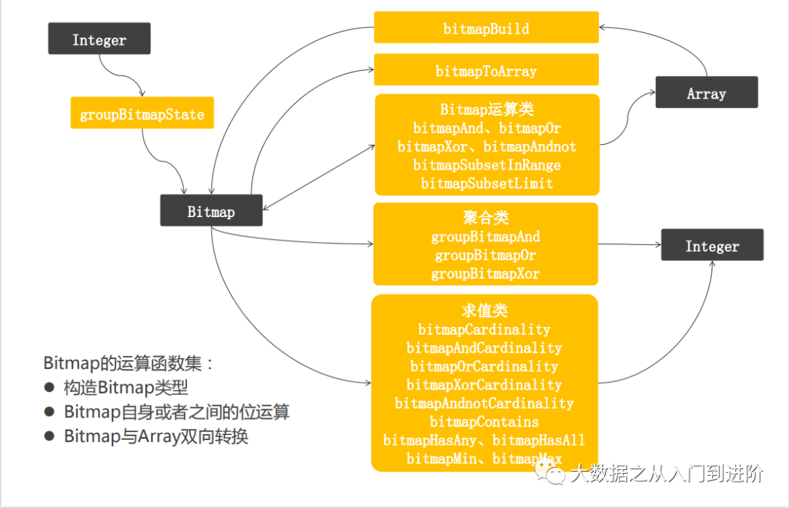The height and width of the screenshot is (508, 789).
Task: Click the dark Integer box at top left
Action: point(99,39)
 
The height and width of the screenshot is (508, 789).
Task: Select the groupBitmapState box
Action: point(142,114)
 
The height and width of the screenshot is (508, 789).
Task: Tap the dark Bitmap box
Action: point(211,212)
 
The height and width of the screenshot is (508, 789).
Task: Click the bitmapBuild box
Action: point(486,28)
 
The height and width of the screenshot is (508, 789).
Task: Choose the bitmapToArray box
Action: point(486,70)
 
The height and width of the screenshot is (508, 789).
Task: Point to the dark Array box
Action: point(706,94)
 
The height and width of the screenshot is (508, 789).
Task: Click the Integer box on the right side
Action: point(712,246)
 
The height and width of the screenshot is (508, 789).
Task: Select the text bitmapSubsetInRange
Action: point(487,164)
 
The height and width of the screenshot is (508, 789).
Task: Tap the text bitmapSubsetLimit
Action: point(487,183)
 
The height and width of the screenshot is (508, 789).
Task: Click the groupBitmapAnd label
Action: point(486,237)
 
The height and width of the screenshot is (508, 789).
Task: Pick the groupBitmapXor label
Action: point(486,273)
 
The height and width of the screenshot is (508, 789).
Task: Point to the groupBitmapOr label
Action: point(486,255)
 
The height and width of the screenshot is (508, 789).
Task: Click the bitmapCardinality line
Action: point(484,330)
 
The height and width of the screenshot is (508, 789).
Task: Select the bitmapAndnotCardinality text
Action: point(484,403)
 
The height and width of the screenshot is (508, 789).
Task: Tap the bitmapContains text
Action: point(484,421)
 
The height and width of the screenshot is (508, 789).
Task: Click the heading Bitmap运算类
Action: point(487,110)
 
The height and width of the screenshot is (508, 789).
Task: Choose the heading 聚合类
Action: point(486,218)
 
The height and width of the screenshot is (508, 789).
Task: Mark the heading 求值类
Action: point(484,311)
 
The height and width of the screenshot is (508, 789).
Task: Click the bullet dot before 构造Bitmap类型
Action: point(50,388)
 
